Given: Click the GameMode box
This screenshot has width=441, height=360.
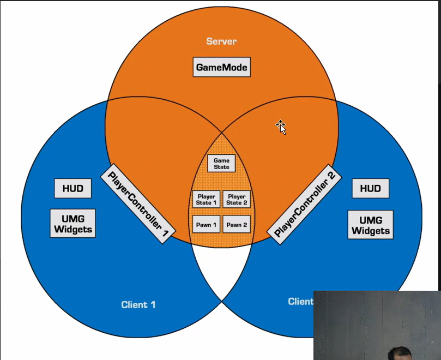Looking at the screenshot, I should (x=222, y=68).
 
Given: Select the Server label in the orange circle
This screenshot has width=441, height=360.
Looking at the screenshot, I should (x=221, y=41).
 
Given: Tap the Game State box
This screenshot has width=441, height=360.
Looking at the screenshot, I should (x=221, y=164).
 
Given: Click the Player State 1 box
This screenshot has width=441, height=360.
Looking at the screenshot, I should (x=207, y=200).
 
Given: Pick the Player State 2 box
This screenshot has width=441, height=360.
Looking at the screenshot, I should (x=237, y=200).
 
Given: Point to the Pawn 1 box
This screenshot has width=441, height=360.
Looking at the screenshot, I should (x=207, y=225).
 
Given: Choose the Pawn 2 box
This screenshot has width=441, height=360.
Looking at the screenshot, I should (x=237, y=225).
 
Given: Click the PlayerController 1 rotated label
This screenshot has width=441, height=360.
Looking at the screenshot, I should (x=138, y=201).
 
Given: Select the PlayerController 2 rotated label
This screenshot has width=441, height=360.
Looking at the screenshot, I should (x=304, y=201).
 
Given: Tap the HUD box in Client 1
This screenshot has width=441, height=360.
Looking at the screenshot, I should (x=73, y=189).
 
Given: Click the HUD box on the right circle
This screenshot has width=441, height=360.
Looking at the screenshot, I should (x=371, y=189).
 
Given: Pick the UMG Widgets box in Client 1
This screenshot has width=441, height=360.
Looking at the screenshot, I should (x=73, y=223).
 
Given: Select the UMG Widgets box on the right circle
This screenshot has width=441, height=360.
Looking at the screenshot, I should (x=371, y=224).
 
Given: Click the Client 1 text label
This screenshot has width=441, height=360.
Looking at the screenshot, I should (x=138, y=304).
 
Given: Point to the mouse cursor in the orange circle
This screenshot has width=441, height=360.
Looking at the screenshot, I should (x=281, y=127).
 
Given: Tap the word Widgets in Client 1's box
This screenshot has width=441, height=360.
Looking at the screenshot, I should (x=73, y=229).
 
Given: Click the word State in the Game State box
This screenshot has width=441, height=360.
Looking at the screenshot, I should (x=221, y=167).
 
